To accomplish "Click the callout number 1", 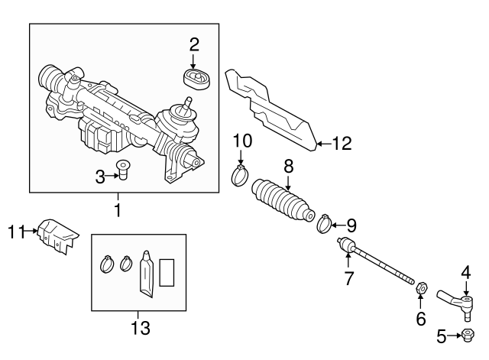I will coord(118,209).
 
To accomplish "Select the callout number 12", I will coord(342,143).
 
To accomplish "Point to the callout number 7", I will coord(349,278).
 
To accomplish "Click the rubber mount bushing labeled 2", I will coord(194,79).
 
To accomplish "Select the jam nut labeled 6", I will coord(419,288).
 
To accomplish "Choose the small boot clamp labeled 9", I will coord(325,223).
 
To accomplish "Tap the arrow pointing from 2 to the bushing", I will coord(194,61).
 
